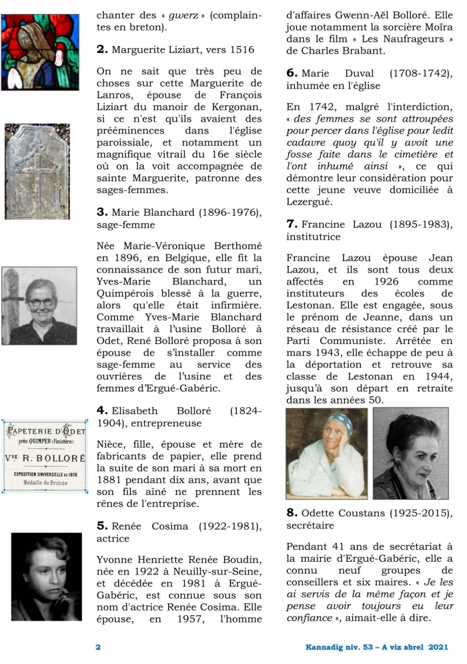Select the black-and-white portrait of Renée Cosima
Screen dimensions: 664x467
(41, 577)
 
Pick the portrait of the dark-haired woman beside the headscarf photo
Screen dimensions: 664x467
(410, 454)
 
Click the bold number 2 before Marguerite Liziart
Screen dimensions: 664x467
(102, 49)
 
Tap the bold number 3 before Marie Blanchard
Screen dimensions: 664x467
(102, 212)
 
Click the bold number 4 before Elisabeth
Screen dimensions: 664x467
(102, 409)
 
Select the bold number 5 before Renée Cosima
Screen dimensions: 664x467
(102, 525)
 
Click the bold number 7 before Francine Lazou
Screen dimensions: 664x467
(292, 223)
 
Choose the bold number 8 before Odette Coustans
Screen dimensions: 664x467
(292, 513)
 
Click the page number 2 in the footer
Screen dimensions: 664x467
(98, 647)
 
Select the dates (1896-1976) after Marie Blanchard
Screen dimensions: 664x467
(223, 212)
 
